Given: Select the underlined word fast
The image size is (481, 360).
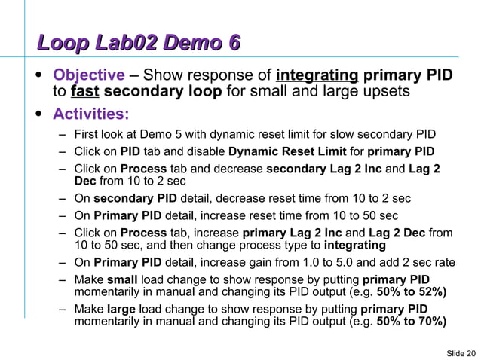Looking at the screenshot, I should coord(84,92).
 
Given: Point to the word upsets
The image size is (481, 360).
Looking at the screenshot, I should coord(388,92).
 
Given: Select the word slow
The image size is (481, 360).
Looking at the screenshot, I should coord(336,136).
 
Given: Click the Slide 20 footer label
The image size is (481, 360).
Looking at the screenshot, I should coord(461,352).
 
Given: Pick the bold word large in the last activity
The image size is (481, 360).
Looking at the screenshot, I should coord(121,310).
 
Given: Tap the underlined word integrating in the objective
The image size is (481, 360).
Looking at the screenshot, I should coord(317,75).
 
